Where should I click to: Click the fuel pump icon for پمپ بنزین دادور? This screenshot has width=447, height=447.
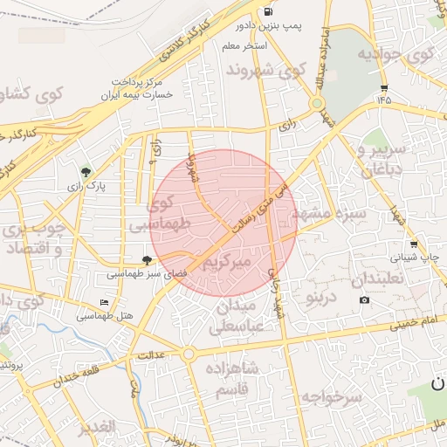point(266,11)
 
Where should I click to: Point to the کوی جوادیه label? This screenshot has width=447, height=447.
point(395,55)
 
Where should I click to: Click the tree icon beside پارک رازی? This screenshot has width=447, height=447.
point(86,172)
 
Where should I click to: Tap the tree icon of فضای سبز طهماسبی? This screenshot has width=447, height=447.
point(147,259)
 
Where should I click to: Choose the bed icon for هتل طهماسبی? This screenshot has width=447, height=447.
point(105,303)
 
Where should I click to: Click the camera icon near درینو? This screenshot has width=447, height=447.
point(364,300)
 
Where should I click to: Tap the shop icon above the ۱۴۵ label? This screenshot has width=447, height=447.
point(384,88)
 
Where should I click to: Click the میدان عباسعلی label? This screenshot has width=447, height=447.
point(234,318)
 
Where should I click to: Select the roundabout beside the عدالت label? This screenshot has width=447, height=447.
point(188,354)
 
